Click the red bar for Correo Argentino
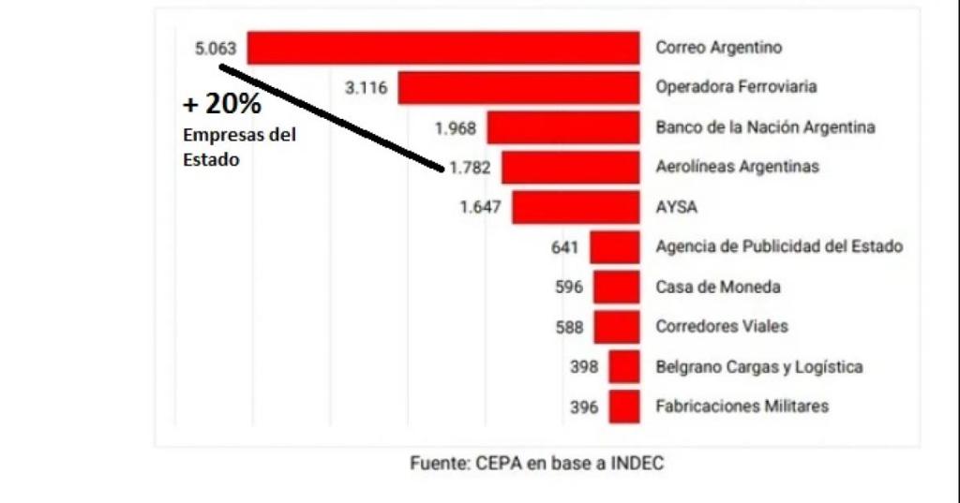[442, 48]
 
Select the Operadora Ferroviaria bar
[518, 87]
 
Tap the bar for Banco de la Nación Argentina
[562, 127]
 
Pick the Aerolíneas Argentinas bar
[570, 167]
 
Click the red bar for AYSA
[576, 207]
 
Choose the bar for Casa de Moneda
[616, 287]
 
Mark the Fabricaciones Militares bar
[623, 407]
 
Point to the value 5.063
[215, 48]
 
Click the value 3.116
[366, 87]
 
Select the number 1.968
[456, 127]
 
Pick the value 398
[584, 367]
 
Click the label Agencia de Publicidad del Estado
[779, 247]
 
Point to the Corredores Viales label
[722, 327]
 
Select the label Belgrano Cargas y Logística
[759, 367]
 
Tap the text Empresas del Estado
[239, 147]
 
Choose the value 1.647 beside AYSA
[482, 207]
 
